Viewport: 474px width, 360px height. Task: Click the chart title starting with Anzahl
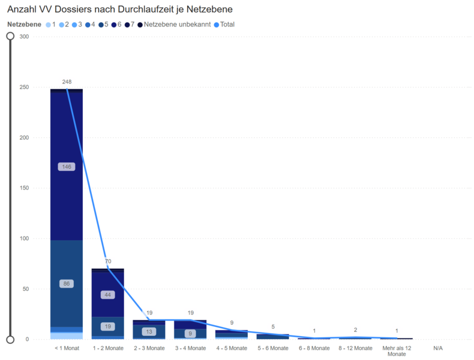click(x=120, y=10)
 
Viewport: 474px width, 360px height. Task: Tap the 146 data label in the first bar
click(x=66, y=167)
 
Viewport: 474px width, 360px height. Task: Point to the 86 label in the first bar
click(x=66, y=283)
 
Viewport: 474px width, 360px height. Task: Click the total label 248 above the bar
click(x=66, y=82)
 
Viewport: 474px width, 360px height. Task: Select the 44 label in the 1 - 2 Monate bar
click(x=108, y=295)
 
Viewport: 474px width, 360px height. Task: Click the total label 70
click(x=108, y=262)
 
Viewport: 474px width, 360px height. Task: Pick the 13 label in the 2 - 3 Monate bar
click(x=149, y=332)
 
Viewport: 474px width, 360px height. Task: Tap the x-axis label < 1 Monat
click(x=66, y=348)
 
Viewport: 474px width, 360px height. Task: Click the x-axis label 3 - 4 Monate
click(x=190, y=348)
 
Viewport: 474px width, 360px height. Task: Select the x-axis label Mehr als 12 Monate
click(x=397, y=351)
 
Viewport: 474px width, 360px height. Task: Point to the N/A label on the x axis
click(x=437, y=348)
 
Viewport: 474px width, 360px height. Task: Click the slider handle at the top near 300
click(x=10, y=36)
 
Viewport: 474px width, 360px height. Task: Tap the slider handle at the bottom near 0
click(x=10, y=340)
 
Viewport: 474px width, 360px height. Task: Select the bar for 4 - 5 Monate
click(x=232, y=334)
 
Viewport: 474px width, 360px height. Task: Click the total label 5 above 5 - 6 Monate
click(x=273, y=327)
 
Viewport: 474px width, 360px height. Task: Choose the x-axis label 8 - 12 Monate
click(x=355, y=348)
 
